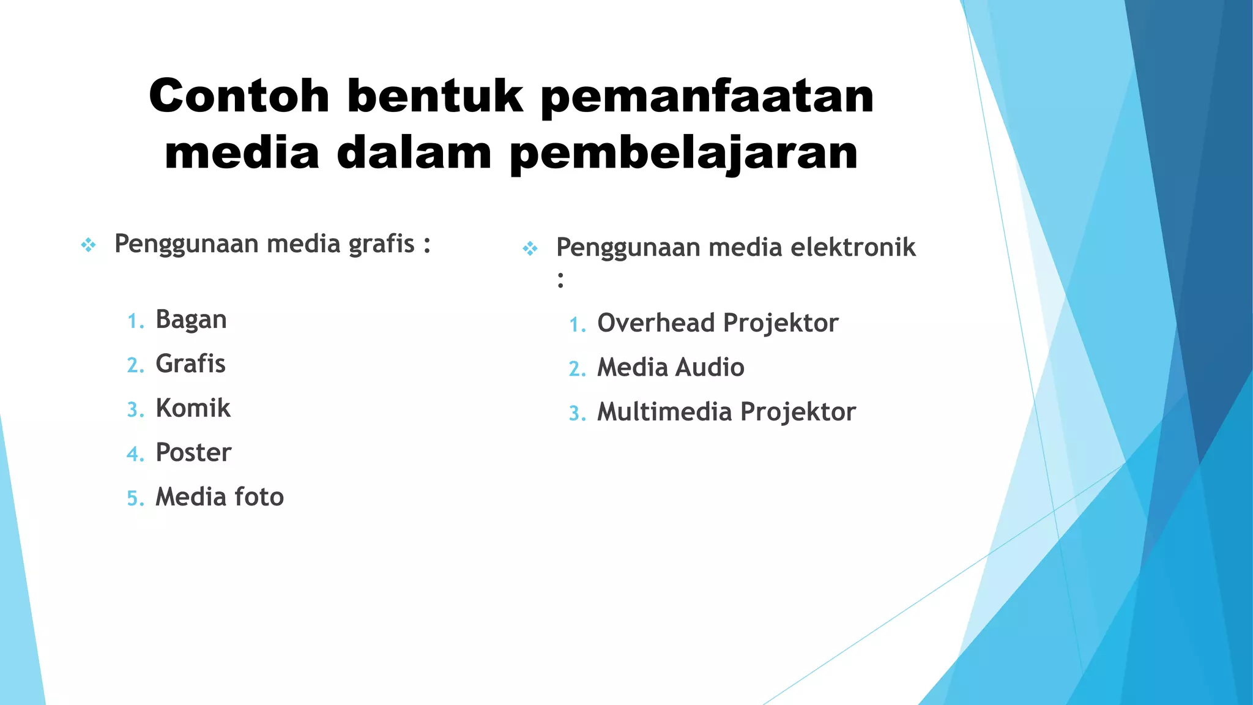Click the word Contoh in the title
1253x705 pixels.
(x=239, y=96)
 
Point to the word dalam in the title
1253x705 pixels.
(x=414, y=152)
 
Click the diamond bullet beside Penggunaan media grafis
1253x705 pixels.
(x=89, y=246)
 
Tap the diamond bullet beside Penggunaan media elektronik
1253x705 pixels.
(x=530, y=249)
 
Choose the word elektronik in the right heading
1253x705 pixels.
(x=853, y=248)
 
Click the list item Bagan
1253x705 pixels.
(x=191, y=320)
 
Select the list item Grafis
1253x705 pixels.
(x=190, y=364)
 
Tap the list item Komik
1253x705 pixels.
(x=193, y=408)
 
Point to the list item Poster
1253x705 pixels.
(x=193, y=453)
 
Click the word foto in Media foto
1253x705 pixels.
(x=259, y=497)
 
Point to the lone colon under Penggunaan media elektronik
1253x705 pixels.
(x=560, y=280)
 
